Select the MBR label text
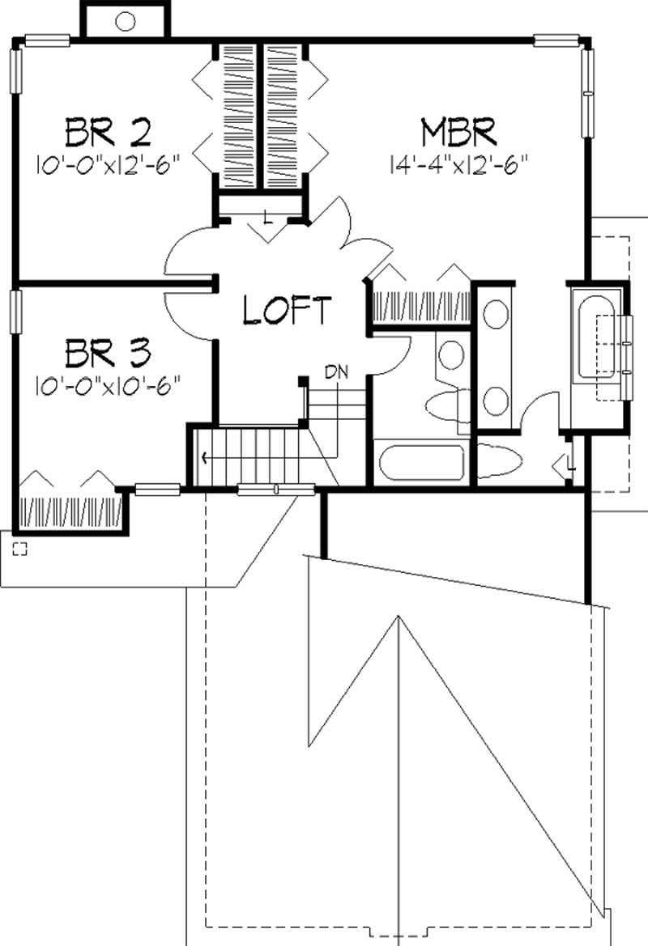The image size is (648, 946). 458,129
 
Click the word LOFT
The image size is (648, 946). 288,310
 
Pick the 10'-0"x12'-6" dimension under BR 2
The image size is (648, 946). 107,164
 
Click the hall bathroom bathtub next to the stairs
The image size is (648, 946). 419,462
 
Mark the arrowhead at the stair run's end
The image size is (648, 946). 203,458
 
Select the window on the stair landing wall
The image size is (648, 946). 275,488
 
